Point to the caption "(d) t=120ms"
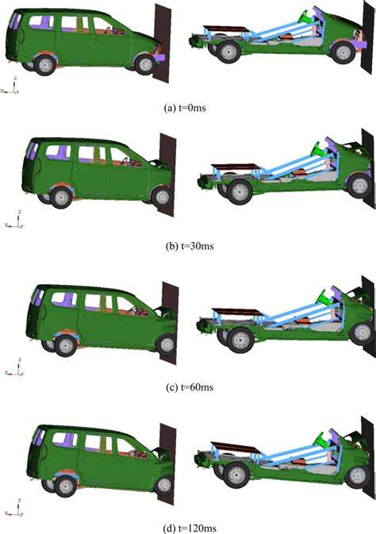click(x=187, y=527)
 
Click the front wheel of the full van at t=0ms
click(x=145, y=63)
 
